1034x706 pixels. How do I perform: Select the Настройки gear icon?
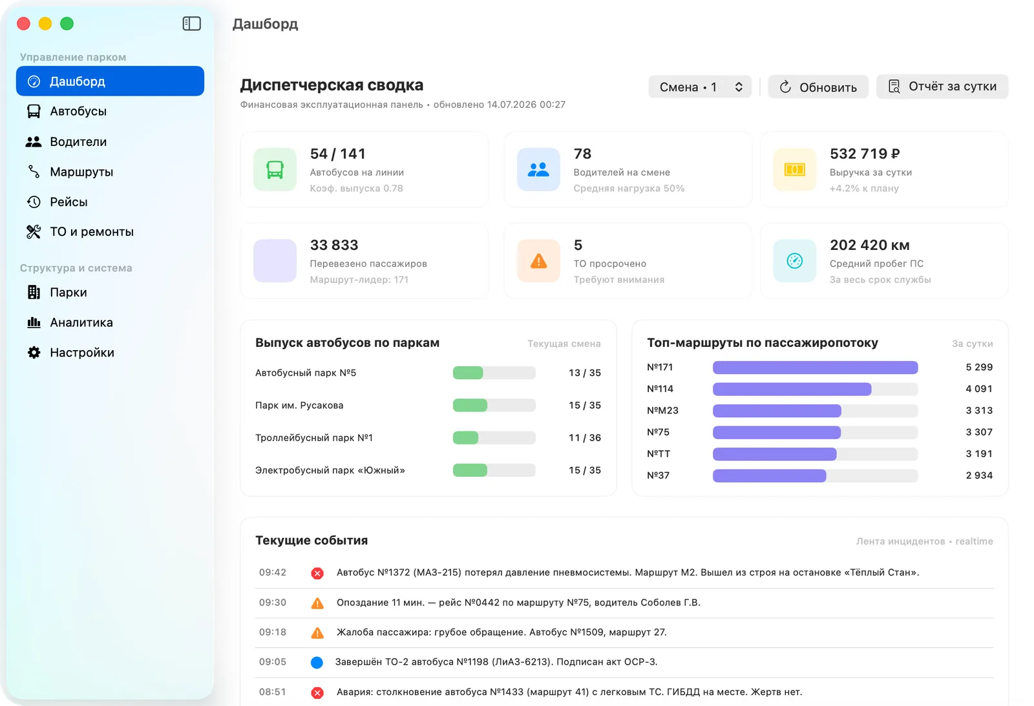tap(34, 353)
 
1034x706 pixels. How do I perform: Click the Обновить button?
tap(818, 87)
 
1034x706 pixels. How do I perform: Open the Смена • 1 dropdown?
tap(700, 87)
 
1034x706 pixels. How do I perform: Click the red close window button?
tap(23, 23)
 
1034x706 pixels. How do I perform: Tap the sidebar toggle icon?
tap(191, 23)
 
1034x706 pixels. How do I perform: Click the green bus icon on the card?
tap(275, 170)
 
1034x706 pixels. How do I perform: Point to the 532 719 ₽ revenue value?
tap(865, 154)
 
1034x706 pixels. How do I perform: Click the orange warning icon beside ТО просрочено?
tap(539, 261)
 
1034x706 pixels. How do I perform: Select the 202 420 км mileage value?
tap(870, 245)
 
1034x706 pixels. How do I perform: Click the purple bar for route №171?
tap(815, 368)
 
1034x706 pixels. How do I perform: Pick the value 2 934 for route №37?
tap(979, 475)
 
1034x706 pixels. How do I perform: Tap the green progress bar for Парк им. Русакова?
tap(470, 405)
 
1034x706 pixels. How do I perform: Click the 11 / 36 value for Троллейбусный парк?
tap(584, 437)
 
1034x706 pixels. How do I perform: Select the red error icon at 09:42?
tap(317, 573)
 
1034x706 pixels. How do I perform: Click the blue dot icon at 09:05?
tap(317, 663)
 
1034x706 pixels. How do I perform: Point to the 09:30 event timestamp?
tap(272, 603)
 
